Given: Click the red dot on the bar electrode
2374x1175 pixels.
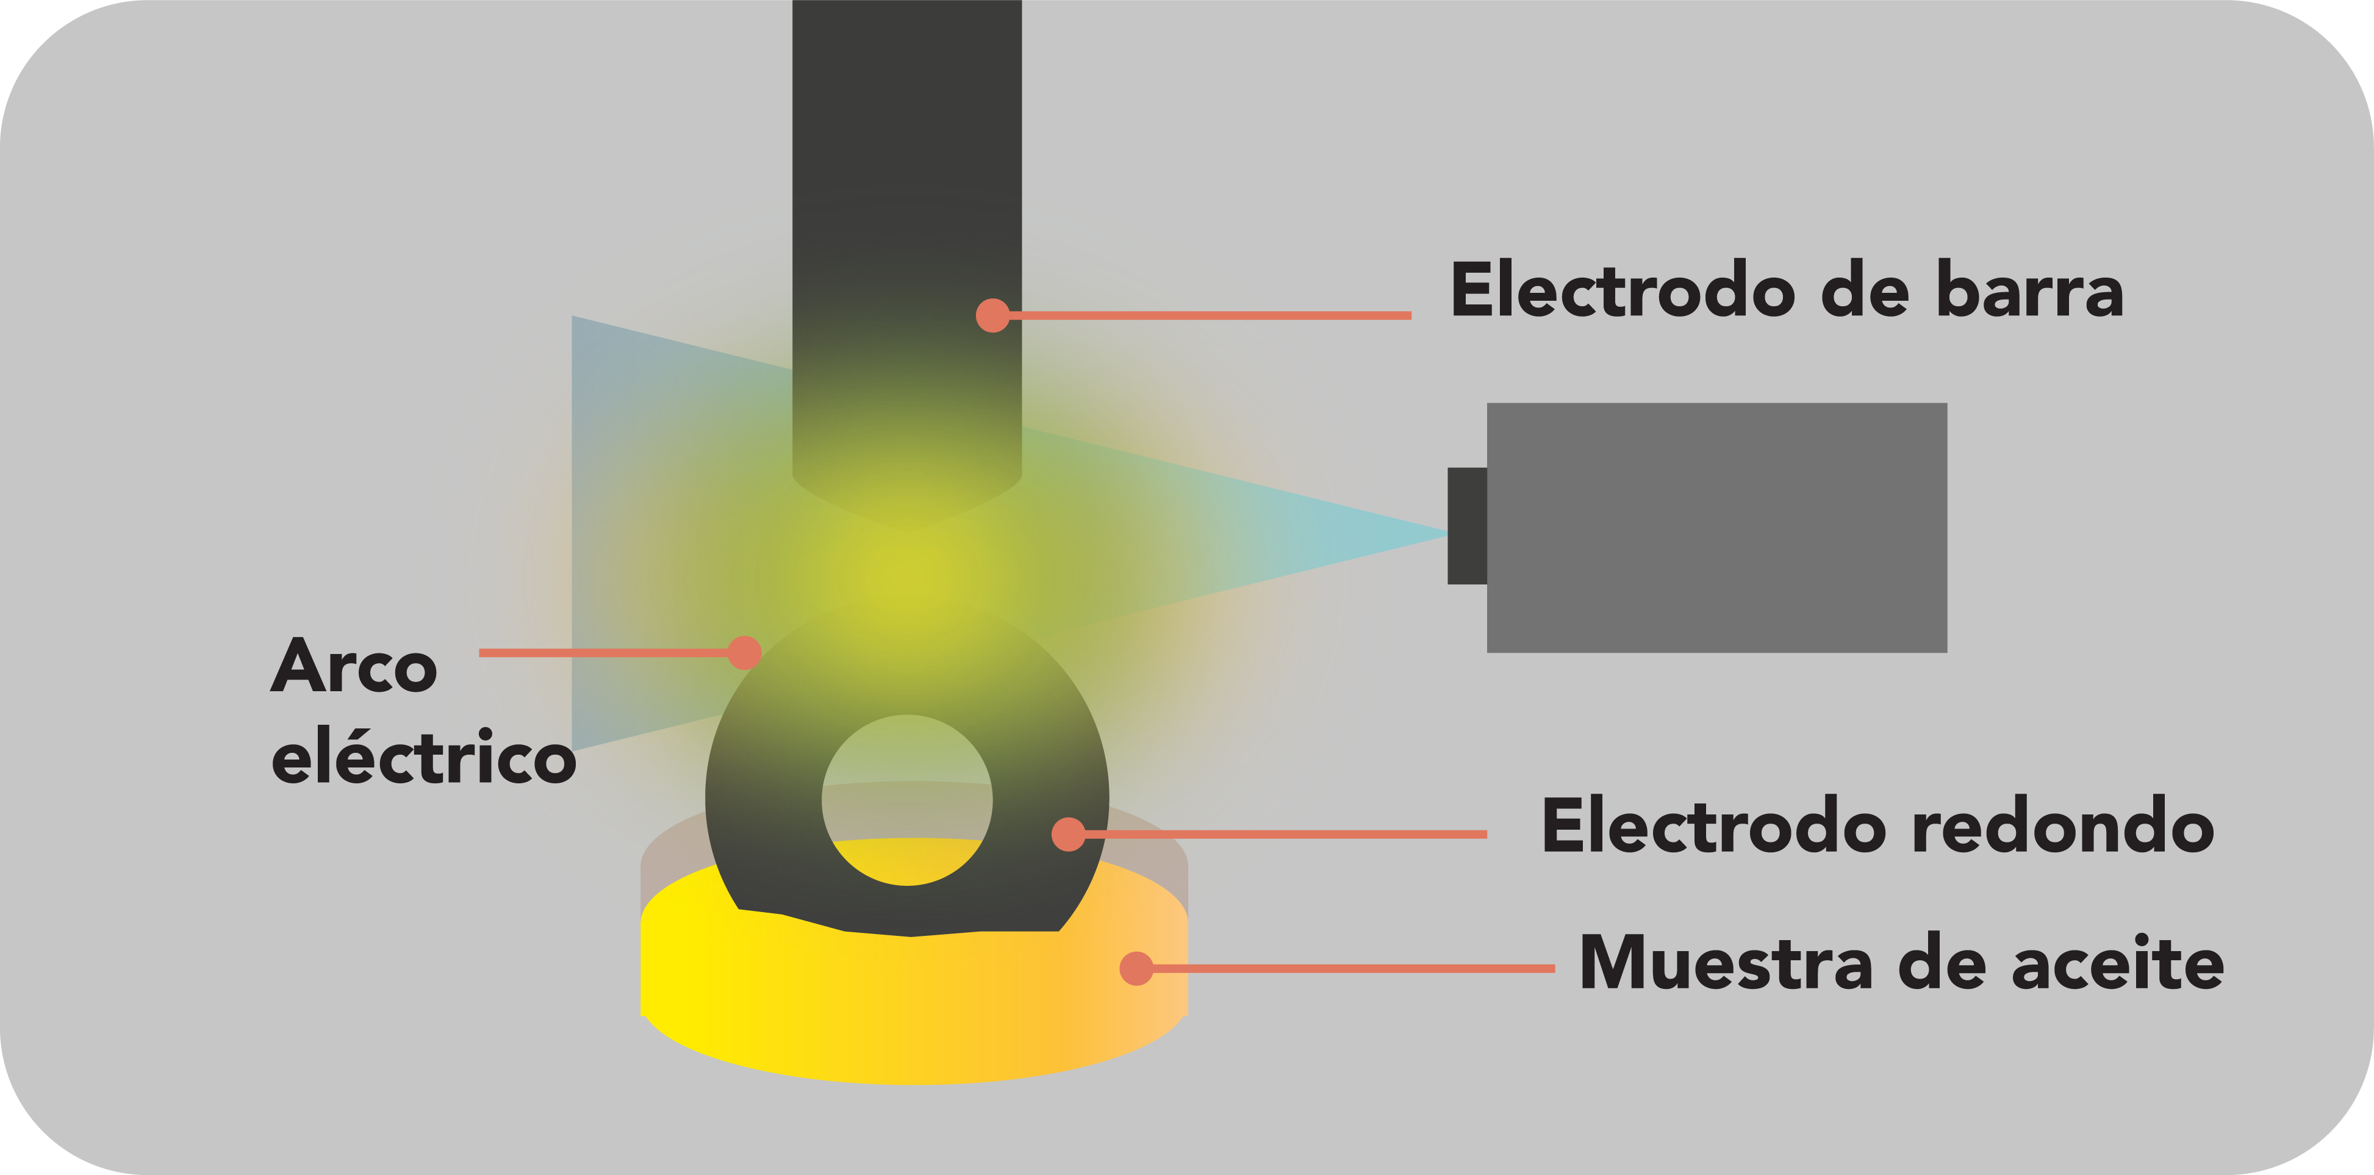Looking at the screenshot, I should coord(992,315).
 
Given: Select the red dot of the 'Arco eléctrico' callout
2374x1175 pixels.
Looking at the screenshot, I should coord(744,652).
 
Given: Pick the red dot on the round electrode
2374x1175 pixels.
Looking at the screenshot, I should coord(1068,834).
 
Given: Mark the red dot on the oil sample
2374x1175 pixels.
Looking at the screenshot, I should coord(1136,969).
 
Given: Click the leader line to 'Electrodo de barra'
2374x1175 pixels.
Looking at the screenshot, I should coord(1207,315).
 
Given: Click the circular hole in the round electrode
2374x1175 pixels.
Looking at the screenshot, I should coord(907,800).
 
